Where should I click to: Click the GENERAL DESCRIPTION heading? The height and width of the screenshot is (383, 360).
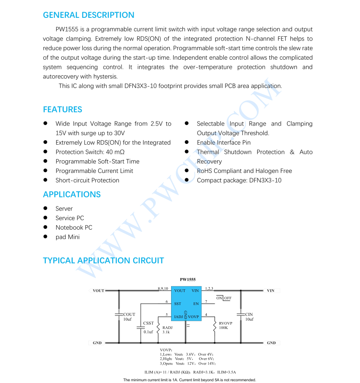[88, 15]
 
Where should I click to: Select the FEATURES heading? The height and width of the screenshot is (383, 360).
[62, 109]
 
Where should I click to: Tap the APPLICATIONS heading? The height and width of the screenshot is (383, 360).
[71, 194]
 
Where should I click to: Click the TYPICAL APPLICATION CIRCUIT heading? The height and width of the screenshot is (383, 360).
[103, 261]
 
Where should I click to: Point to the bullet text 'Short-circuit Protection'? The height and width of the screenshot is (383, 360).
[87, 180]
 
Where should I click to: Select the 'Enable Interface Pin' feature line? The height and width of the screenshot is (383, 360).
[223, 142]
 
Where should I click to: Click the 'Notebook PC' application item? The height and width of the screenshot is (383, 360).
[74, 227]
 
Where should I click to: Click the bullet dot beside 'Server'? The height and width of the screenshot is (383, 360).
[45, 209]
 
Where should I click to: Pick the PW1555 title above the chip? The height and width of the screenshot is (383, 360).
[188, 279]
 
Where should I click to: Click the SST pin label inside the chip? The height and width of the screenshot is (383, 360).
[178, 303]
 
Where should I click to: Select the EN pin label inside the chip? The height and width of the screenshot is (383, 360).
[196, 303]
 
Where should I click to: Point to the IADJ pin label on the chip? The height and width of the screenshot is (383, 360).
[178, 317]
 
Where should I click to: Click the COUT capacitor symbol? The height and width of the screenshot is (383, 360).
[119, 314]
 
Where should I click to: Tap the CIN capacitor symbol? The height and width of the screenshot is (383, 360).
[241, 314]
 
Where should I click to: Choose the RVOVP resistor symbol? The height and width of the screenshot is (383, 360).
[215, 326]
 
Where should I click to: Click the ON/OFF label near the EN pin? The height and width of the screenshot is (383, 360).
[224, 298]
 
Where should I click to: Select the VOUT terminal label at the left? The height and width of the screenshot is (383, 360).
[98, 291]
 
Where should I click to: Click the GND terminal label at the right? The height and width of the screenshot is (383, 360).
[271, 343]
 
